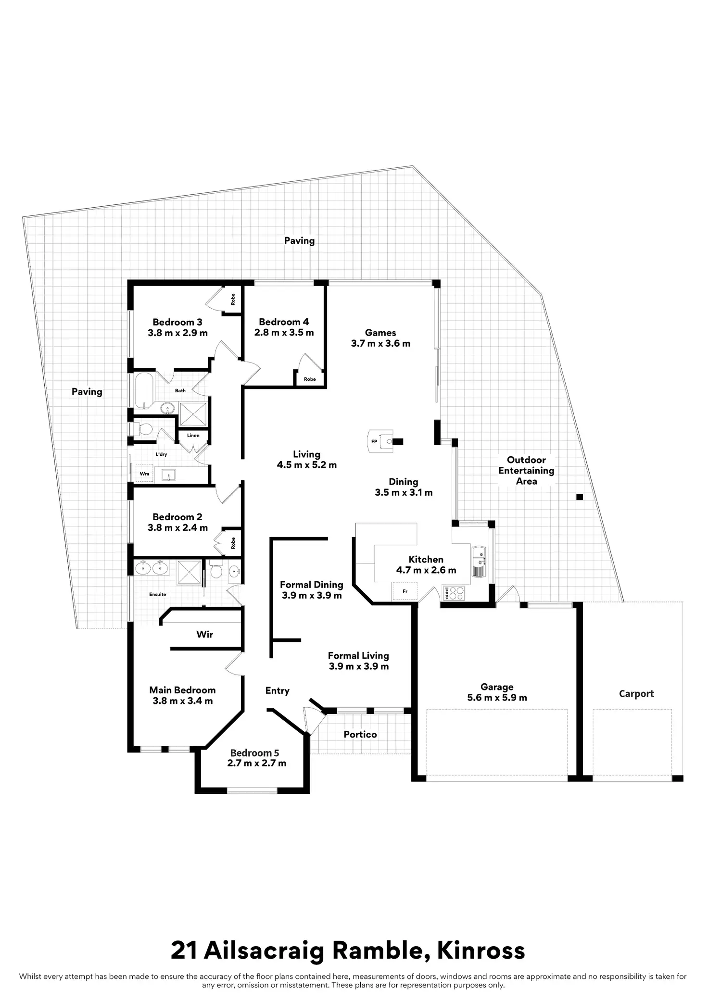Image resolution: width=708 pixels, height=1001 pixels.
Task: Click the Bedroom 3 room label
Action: tap(177, 322)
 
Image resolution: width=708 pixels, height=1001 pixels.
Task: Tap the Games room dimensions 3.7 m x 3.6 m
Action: tap(380, 343)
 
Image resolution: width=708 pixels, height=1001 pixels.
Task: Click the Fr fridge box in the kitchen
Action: tap(405, 591)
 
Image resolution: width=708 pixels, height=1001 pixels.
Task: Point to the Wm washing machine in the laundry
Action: tap(144, 474)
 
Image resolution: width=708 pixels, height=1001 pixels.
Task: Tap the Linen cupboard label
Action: tap(193, 436)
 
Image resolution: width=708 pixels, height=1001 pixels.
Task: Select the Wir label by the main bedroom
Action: tap(204, 634)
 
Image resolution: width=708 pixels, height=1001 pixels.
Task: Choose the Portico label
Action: tap(360, 734)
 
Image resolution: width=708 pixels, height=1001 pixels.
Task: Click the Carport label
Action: tap(636, 693)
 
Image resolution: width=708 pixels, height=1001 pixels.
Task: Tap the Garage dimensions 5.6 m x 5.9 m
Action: tap(497, 698)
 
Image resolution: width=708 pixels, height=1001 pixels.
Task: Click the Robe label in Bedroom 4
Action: tap(310, 379)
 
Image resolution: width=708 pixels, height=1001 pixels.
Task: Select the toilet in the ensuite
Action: tap(216, 570)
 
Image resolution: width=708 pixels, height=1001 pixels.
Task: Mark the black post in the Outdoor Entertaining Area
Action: tap(580, 497)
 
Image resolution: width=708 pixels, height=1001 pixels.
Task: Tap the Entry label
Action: tap(278, 690)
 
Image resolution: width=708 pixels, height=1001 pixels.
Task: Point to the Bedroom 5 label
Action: tap(254, 753)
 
